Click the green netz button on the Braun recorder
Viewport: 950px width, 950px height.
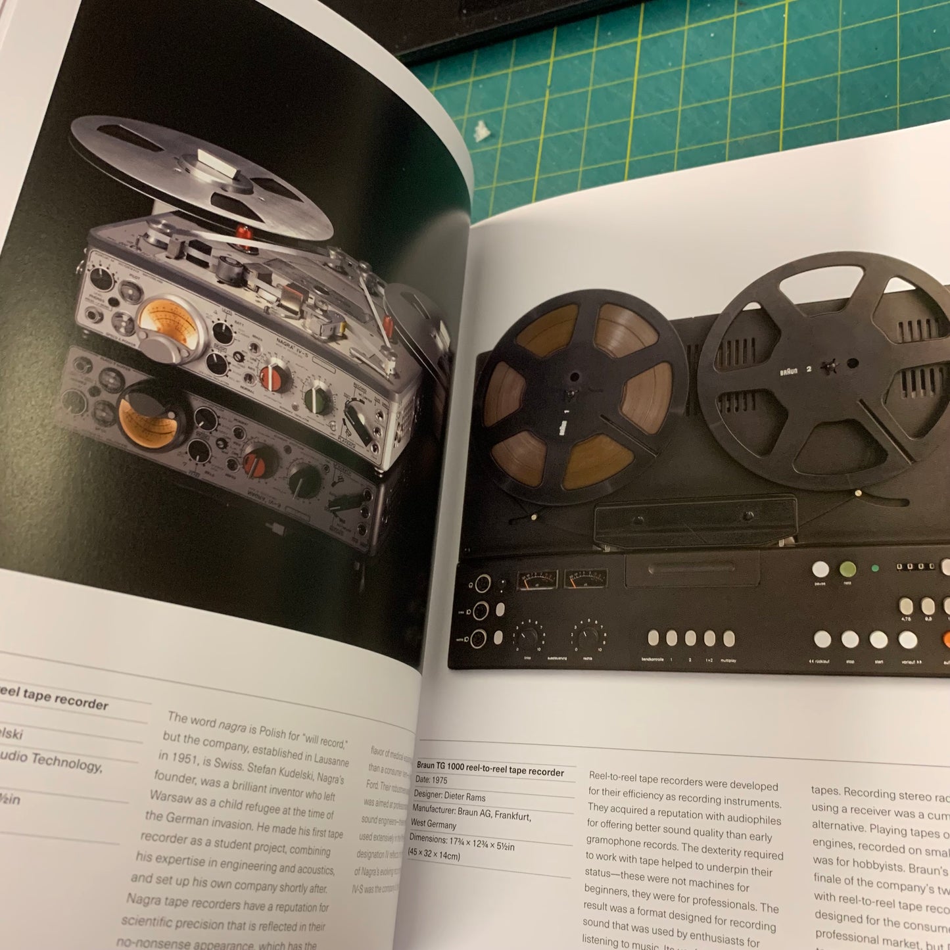tap(848, 569)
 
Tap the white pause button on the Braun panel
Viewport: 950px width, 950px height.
tap(820, 569)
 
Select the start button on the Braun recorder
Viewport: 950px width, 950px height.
tap(878, 639)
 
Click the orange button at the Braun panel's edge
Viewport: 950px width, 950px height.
tap(945, 640)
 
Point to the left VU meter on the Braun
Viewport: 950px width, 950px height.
tap(537, 579)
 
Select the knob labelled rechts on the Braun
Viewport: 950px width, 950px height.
tap(588, 635)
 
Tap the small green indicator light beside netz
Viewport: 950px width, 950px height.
tap(874, 568)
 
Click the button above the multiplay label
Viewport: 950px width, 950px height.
tap(728, 638)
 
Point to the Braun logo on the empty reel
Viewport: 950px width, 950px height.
tap(788, 371)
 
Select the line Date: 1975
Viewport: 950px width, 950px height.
tap(431, 780)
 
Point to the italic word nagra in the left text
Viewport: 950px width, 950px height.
tap(232, 726)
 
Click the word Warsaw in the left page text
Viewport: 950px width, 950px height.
tap(170, 797)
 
